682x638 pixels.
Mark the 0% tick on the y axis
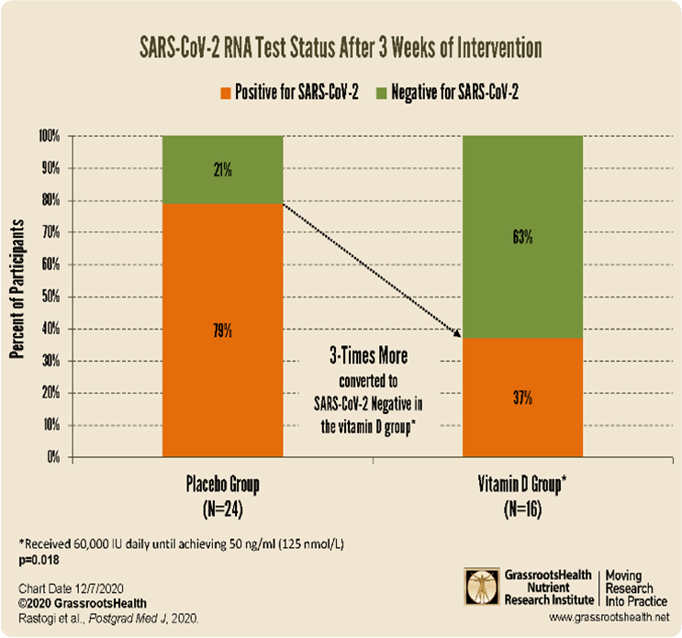pyautogui.click(x=53, y=456)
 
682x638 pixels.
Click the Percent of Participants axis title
pyautogui.click(x=17, y=297)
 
